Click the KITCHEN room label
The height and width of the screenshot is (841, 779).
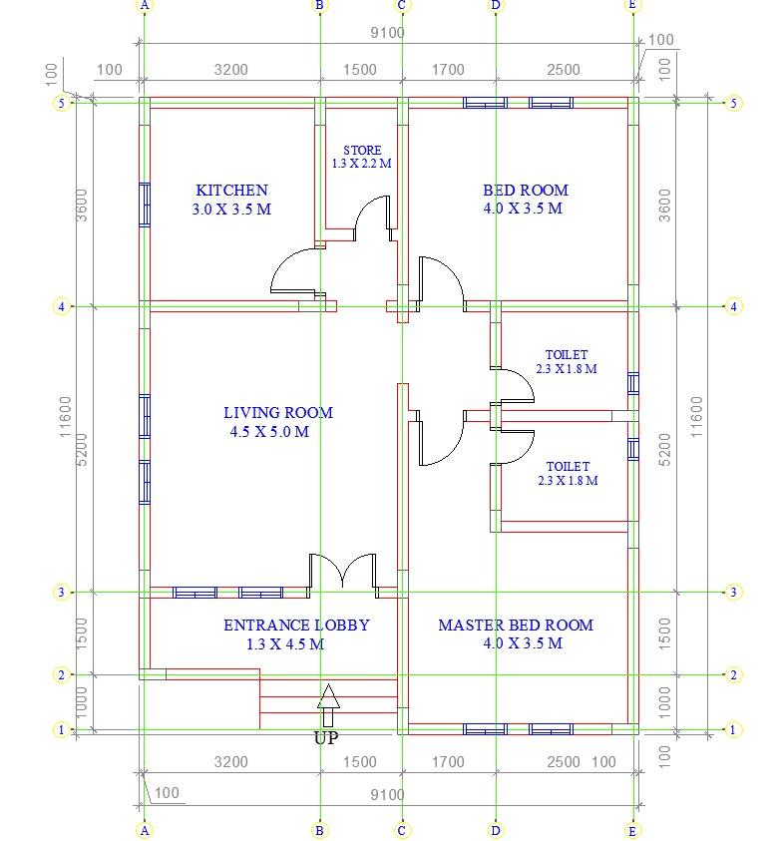[231, 191]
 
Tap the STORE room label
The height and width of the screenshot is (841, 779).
[362, 151]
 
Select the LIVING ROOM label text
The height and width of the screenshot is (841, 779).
[278, 412]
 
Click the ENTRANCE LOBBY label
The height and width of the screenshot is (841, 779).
[296, 625]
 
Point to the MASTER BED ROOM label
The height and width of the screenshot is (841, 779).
[516, 625]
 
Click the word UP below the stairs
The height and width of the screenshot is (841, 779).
[326, 738]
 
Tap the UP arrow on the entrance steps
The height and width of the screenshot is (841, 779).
[328, 704]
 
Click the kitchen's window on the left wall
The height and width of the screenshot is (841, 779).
[145, 205]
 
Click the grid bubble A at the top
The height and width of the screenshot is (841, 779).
[145, 5]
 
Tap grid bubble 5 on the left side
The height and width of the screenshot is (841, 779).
[61, 103]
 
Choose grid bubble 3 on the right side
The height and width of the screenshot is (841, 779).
[733, 593]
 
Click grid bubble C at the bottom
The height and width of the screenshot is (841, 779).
[402, 831]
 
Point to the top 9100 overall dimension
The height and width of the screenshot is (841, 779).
[387, 33]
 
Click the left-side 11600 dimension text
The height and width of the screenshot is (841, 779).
[65, 417]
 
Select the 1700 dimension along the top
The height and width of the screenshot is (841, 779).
[448, 70]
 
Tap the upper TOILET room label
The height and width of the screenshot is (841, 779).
[567, 354]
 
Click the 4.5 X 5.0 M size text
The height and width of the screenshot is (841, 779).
[269, 431]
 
